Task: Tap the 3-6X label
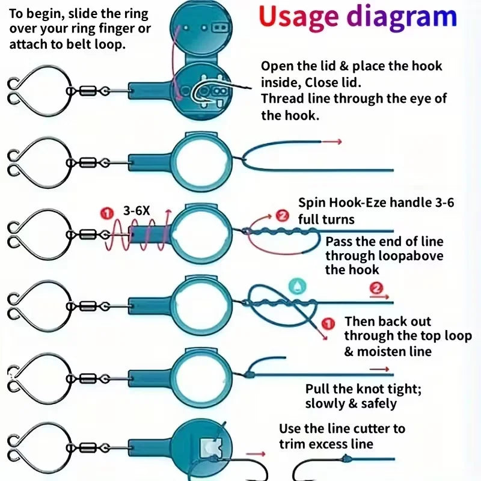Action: click(x=136, y=211)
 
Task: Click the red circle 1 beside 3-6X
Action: click(x=106, y=213)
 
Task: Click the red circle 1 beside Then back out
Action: click(x=328, y=324)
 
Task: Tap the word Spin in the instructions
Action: click(x=311, y=203)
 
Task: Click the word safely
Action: click(x=379, y=403)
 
